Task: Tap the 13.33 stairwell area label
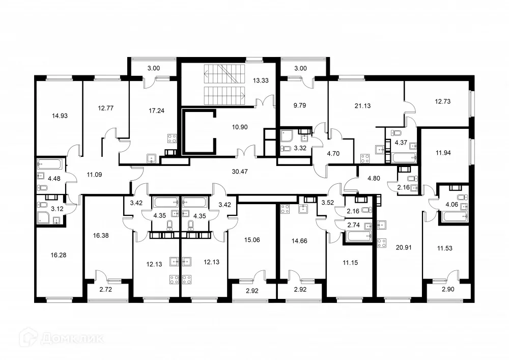pos(260,79)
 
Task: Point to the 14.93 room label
pos(60,116)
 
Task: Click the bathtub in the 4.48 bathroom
pos(49,164)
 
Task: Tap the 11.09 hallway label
pos(94,174)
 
